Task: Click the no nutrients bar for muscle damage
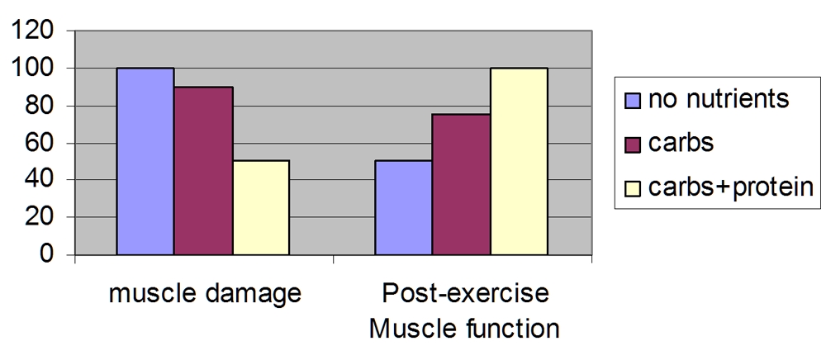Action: point(145,161)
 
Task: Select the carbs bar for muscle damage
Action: point(203,170)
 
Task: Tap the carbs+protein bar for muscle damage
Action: point(260,207)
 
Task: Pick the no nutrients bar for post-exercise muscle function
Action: point(403,207)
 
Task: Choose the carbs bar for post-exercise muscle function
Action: point(461,184)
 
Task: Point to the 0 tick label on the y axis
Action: point(48,254)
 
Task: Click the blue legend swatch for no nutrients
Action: point(633,100)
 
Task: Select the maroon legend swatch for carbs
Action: point(633,144)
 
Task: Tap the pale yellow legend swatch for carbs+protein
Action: point(633,187)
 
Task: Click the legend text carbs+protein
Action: point(730,187)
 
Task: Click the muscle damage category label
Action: point(204,294)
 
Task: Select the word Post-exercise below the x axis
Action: point(465,294)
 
